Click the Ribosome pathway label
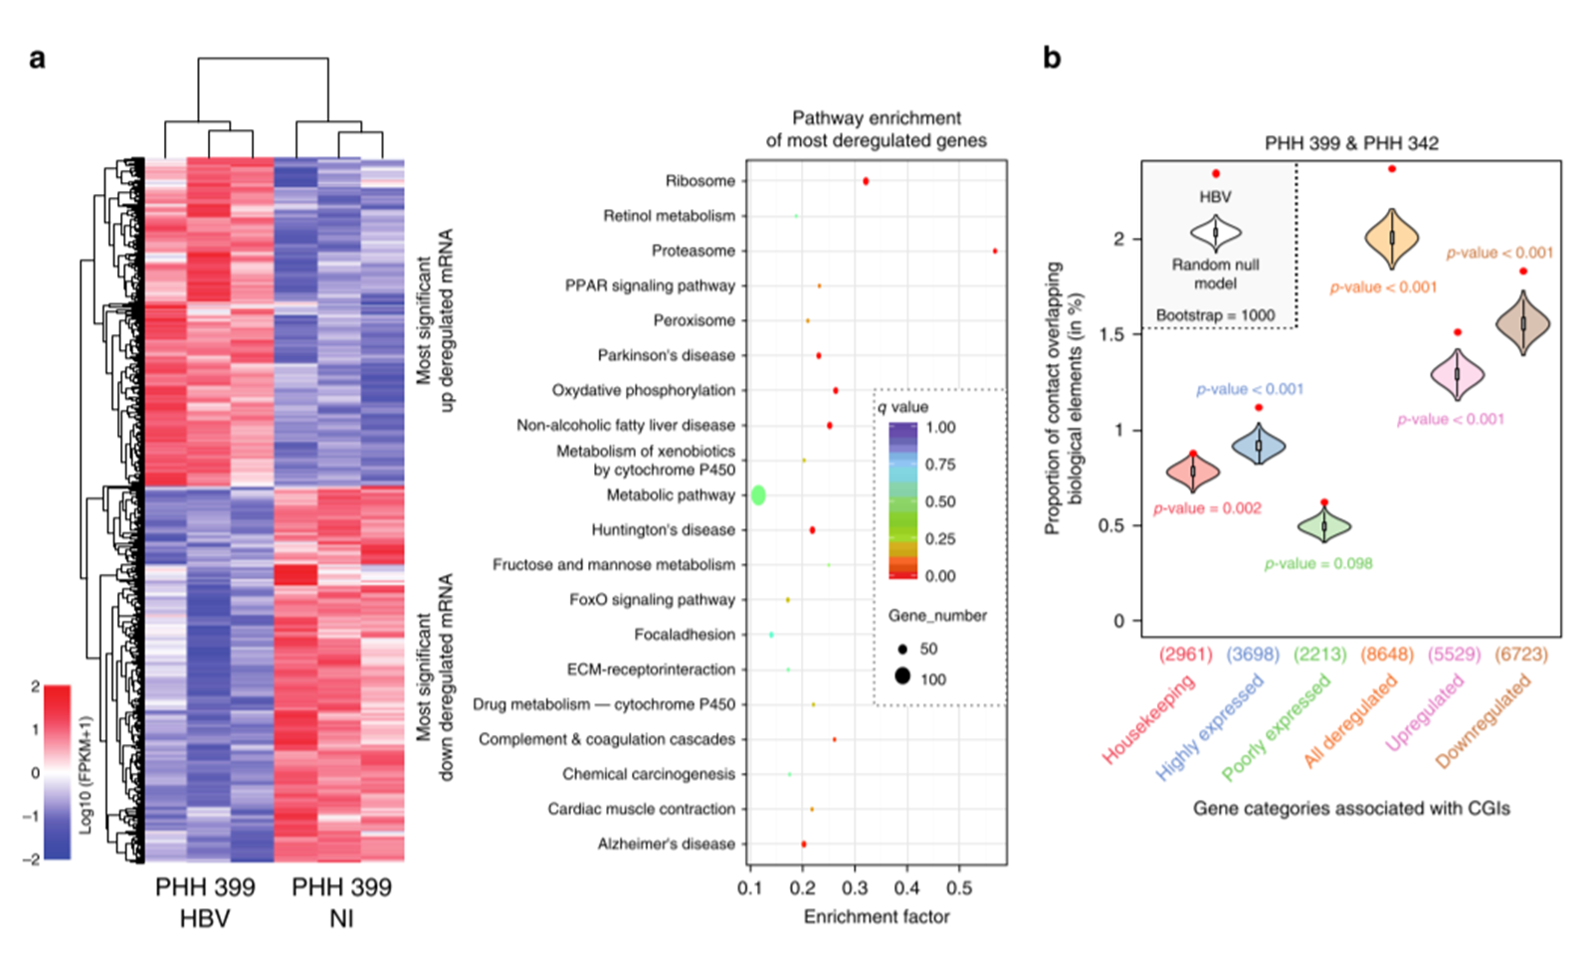tap(699, 181)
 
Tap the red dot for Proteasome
tap(995, 251)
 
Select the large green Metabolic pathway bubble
tap(758, 494)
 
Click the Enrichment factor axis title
tap(876, 917)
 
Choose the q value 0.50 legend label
tap(940, 501)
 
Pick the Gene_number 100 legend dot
tap(902, 676)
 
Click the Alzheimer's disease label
tap(666, 844)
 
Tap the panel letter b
tap(1052, 58)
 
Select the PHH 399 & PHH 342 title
tap(1351, 143)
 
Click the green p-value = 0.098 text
tap(1318, 563)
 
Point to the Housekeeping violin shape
tap(1193, 472)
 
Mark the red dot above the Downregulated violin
tap(1523, 271)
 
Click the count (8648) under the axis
tap(1387, 654)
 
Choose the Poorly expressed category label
tap(1277, 727)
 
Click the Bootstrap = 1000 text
tap(1215, 315)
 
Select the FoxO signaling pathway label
tap(652, 600)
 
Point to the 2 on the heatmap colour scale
tap(36, 686)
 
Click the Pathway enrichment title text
tap(876, 118)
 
